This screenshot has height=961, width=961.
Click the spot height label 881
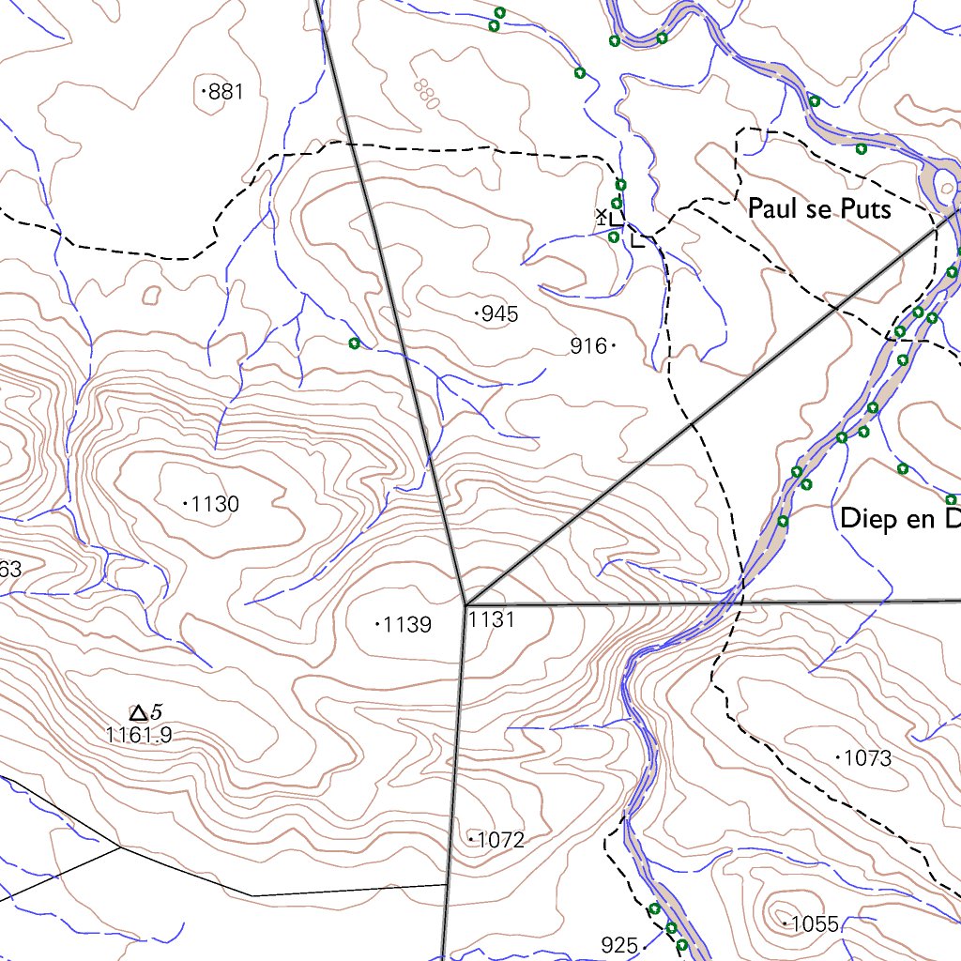point(226,91)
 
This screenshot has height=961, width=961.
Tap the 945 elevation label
point(498,314)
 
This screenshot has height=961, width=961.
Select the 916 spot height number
point(588,346)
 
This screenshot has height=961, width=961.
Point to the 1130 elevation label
point(215,505)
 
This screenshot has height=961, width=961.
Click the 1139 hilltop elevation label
point(407,624)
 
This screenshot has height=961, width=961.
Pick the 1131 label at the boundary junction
point(492,619)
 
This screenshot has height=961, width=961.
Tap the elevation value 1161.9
point(140,736)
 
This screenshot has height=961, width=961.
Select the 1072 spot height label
point(500,840)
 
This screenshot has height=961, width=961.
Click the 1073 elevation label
point(868,758)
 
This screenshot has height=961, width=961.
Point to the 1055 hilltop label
point(814,924)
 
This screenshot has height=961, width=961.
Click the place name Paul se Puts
point(818,208)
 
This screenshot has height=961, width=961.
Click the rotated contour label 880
point(425,94)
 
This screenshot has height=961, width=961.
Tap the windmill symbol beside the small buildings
point(602,217)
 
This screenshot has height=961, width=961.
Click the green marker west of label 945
point(354,343)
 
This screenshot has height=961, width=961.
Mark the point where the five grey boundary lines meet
point(465,604)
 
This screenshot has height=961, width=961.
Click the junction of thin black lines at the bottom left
point(120,847)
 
